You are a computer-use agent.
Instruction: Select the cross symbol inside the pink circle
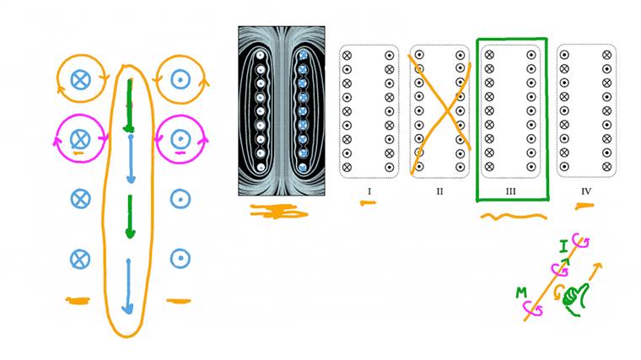coord(79,138)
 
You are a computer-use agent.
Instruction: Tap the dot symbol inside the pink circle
coord(179,138)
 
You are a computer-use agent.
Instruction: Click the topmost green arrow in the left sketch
coord(129,105)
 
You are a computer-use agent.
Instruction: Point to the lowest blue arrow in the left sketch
coord(127,287)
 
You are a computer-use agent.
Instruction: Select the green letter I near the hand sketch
coord(563,246)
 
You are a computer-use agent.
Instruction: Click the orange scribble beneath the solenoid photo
coord(278,212)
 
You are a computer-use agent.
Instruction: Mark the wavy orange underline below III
coord(512,217)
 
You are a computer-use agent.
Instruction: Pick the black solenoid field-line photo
coord(281,110)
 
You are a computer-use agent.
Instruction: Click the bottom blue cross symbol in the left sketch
coord(79,258)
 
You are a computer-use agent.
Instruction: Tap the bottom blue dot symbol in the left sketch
coord(179,258)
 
